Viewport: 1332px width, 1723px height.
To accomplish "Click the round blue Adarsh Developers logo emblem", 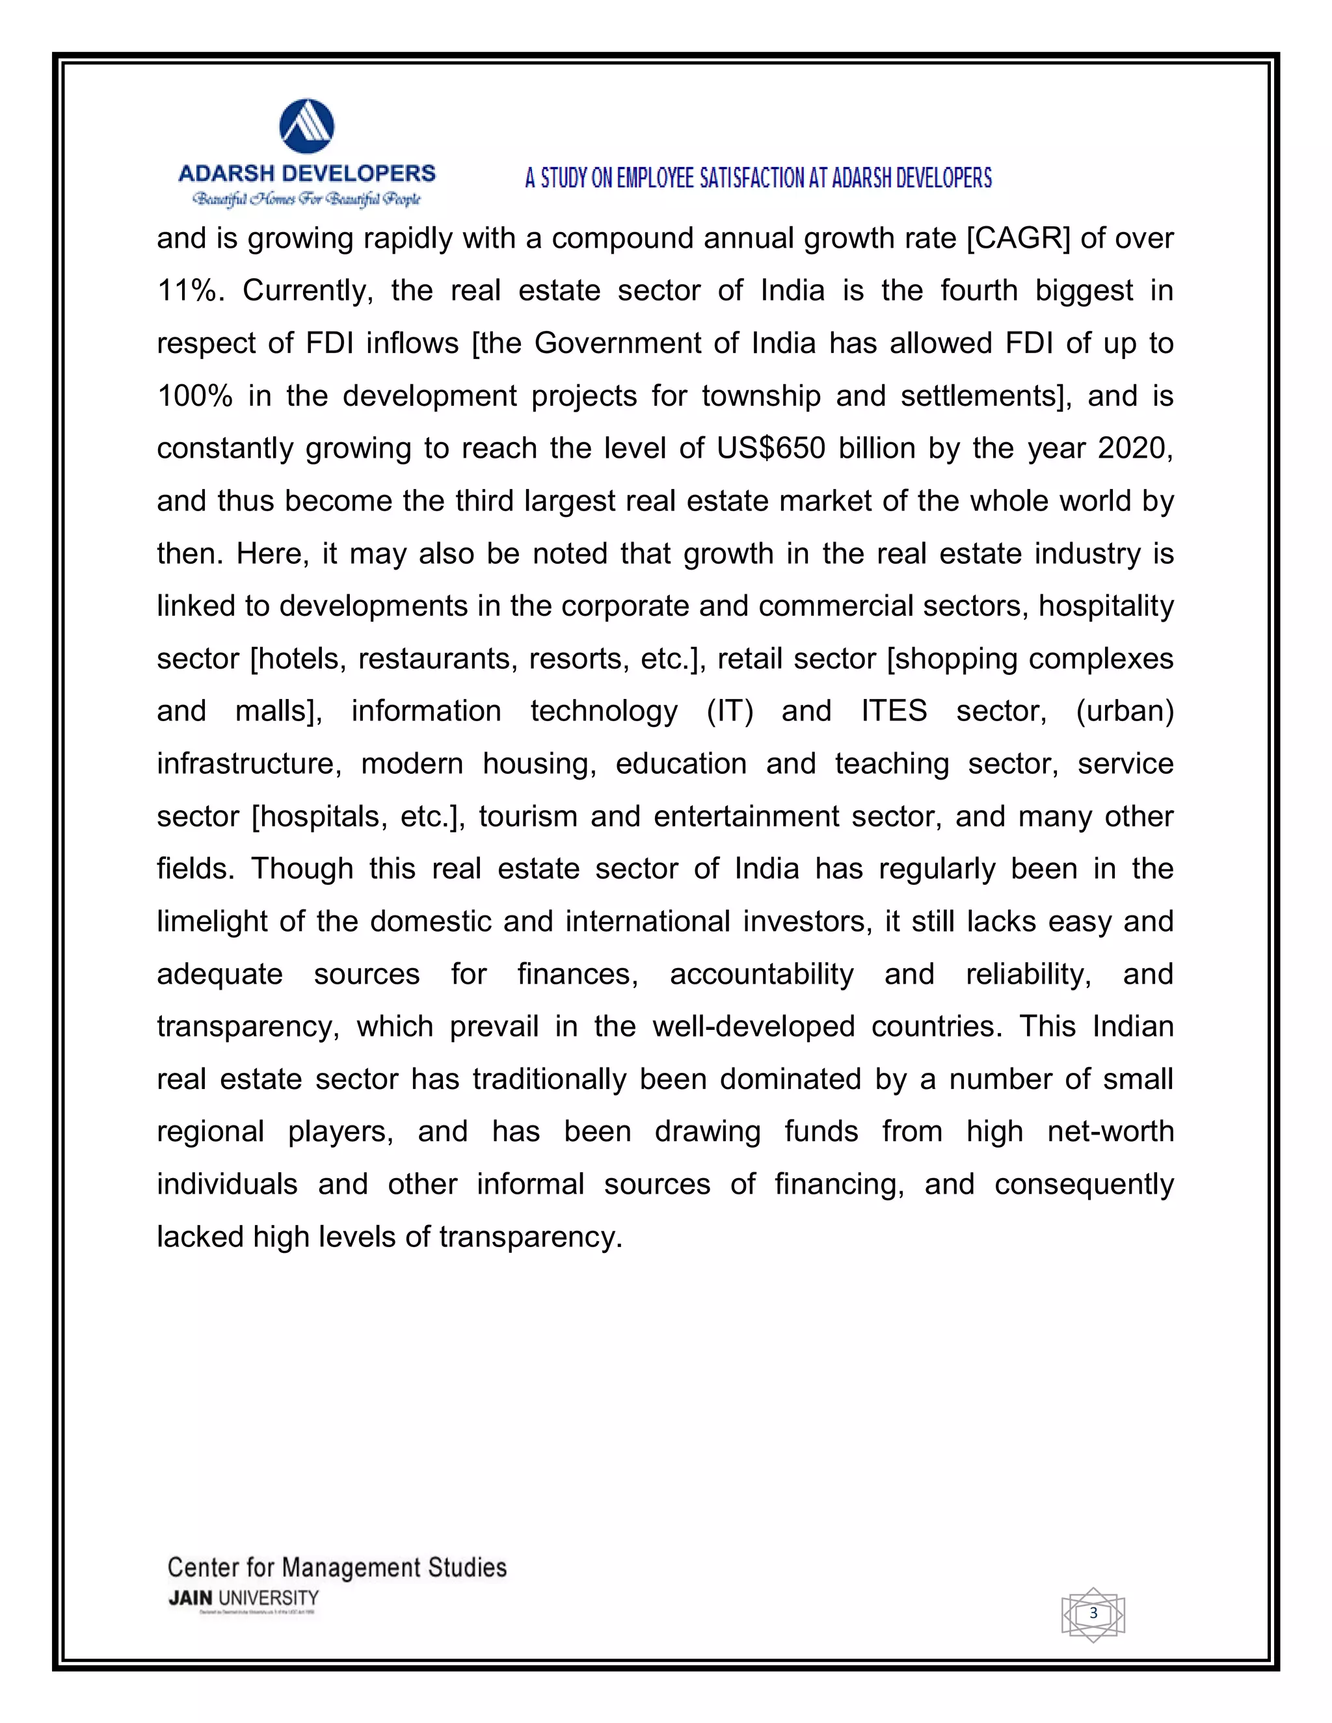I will pos(307,126).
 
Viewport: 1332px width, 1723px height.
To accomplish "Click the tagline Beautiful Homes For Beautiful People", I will pos(307,199).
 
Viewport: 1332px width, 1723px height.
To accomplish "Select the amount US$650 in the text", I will pos(771,448).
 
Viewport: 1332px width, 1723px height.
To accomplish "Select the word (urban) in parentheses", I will pos(1125,711).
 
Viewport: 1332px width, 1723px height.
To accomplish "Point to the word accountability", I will pos(762,975).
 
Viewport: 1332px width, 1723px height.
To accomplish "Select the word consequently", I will pos(1084,1184).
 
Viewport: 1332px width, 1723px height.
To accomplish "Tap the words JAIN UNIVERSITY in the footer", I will pos(243,1598).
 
